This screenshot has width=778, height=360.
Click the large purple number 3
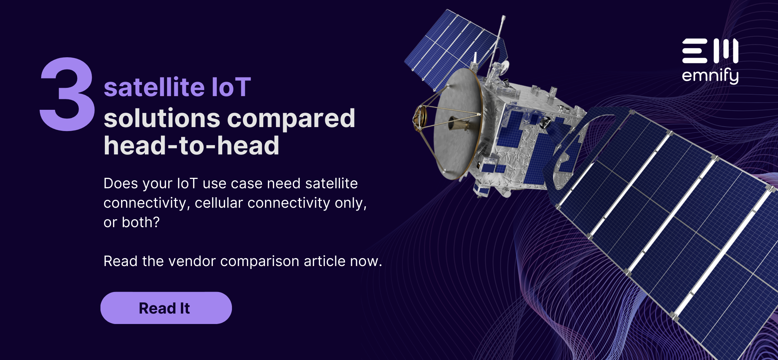67,94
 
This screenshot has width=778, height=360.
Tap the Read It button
166,308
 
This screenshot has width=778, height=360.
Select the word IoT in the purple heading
231,87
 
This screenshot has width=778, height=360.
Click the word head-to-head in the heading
191,146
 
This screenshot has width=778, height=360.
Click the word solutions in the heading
162,119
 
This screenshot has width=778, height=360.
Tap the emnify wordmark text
710,76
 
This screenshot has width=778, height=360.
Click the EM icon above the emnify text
710,51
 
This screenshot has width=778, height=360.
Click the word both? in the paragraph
140,222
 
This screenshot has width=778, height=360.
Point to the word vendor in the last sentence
192,261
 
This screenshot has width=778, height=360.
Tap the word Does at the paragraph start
121,184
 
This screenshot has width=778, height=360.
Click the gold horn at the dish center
459,124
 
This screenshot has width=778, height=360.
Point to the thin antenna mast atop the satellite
499,36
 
